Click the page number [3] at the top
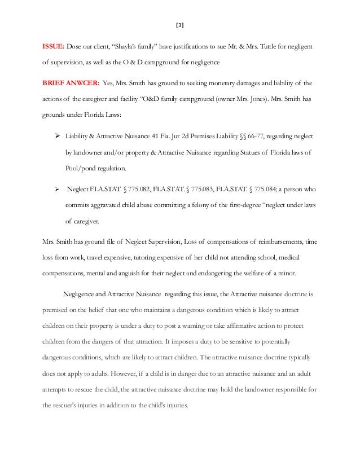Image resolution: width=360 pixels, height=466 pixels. (180, 25)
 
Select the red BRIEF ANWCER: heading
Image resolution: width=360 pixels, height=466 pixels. (69, 82)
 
